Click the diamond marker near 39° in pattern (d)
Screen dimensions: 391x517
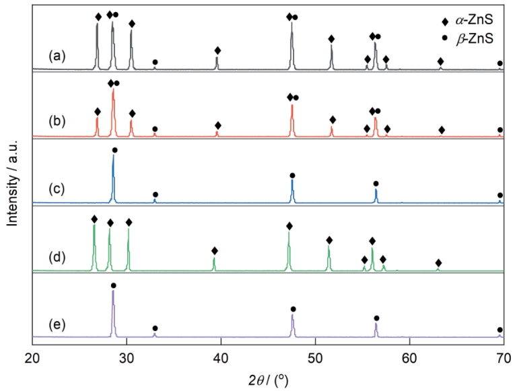coord(215,251)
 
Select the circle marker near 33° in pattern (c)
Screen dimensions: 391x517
coord(155,194)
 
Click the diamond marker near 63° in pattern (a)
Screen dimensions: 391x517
coord(441,61)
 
